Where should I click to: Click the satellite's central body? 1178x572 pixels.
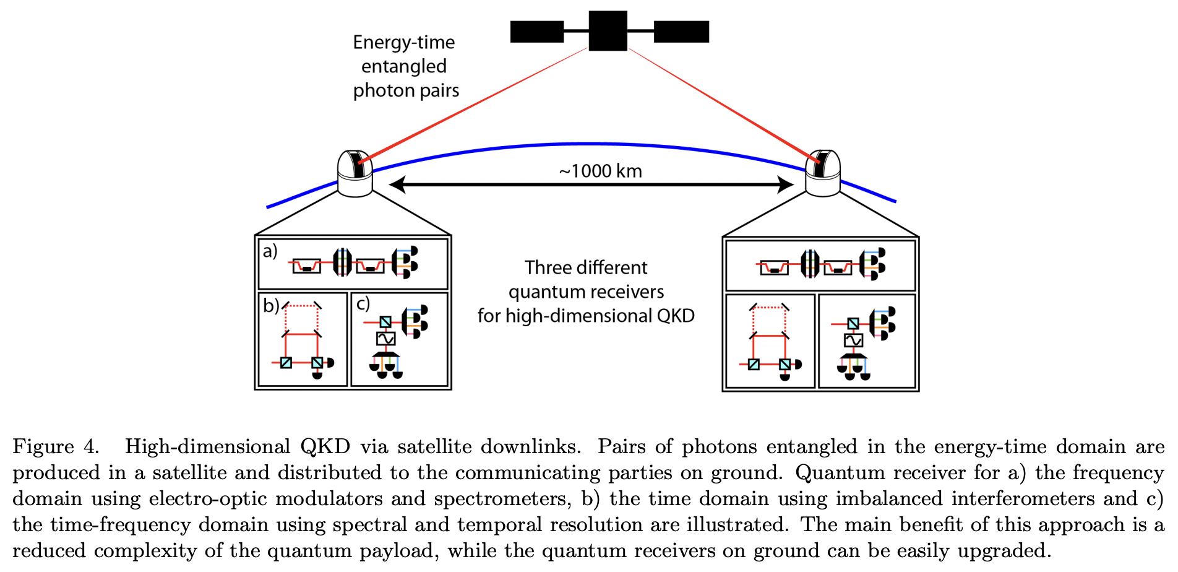point(608,30)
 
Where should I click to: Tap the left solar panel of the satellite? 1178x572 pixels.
point(536,32)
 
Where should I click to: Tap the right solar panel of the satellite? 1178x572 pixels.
point(681,32)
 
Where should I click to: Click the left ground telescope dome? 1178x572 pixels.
point(355,173)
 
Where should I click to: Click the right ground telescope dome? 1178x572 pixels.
point(822,173)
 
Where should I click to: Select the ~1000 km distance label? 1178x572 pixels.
point(600,171)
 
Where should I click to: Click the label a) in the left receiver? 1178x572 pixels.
point(270,251)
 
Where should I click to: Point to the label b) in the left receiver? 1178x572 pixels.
point(270,305)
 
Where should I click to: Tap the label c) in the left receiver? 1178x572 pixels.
point(363,303)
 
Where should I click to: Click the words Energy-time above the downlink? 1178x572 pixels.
point(403,42)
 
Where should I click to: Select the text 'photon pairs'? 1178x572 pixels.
point(406,90)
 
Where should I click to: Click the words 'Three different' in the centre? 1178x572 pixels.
point(585,267)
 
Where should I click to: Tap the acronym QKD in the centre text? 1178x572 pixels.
point(675,316)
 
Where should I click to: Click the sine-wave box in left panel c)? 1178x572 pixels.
point(385,339)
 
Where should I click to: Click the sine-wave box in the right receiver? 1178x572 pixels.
point(853,340)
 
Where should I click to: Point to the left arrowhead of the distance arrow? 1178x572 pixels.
point(397,184)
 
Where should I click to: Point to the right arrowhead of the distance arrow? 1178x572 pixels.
point(786,184)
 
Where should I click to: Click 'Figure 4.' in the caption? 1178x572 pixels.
point(56,446)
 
